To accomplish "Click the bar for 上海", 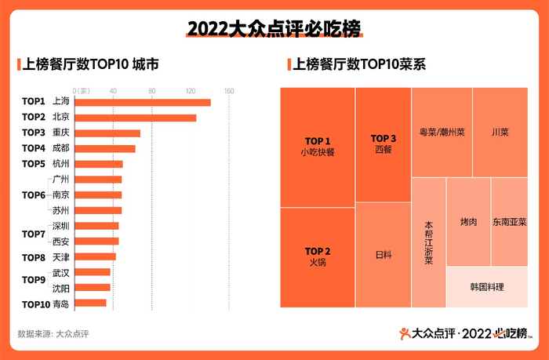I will [x=142, y=102].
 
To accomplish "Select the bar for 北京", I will [x=135, y=118].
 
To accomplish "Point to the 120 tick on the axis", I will [x=191, y=90].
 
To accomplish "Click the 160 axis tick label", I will [x=229, y=90].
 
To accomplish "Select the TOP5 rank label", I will [x=33, y=164].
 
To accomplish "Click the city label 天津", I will [x=60, y=256].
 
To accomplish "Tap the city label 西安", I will [x=60, y=241].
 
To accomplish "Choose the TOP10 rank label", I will [x=35, y=304].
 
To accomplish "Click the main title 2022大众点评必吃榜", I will [x=274, y=30].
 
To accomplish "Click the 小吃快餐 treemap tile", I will [x=317, y=147].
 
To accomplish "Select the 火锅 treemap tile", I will [x=317, y=257].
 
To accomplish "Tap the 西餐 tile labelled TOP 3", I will [x=383, y=144].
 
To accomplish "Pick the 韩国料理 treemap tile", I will [x=486, y=287].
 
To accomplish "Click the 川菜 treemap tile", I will [x=500, y=132].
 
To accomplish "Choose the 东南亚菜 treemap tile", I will [x=509, y=222].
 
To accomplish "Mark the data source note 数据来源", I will [x=53, y=334].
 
